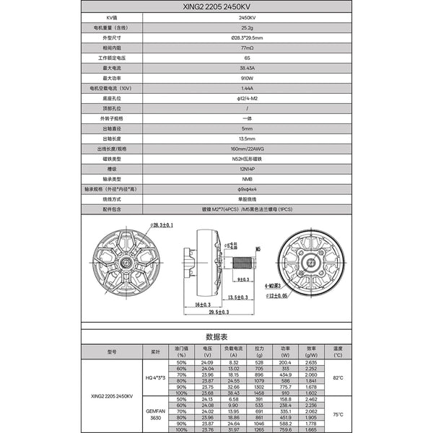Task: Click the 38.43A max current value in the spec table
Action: pos(241,67)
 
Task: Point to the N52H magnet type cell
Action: pos(241,158)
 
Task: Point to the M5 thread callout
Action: pos(258,250)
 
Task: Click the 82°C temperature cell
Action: pos(338,377)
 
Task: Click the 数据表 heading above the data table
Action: pos(216,337)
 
